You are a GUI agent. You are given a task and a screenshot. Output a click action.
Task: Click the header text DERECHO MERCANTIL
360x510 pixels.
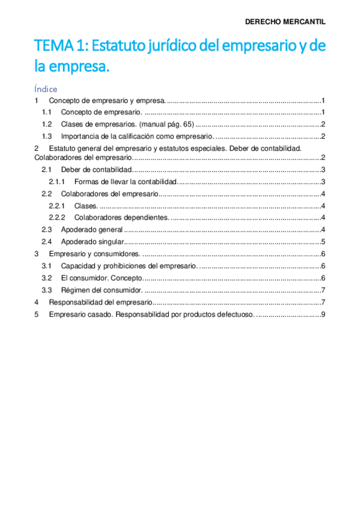pyautogui.click(x=285, y=22)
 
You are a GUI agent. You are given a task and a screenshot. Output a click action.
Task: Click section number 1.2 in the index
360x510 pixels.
pyautogui.click(x=47, y=124)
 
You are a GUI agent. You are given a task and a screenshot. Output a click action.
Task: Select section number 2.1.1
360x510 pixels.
pyautogui.click(x=56, y=182)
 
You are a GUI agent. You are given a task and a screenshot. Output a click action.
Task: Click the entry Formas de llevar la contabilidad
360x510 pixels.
pyautogui.click(x=125, y=182)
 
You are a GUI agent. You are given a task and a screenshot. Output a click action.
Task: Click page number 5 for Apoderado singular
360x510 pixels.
pyautogui.click(x=323, y=242)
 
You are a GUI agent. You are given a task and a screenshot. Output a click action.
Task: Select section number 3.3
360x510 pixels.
pyautogui.click(x=46, y=290)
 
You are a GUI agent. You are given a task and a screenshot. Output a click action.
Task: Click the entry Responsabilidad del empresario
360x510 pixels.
pyautogui.click(x=101, y=302)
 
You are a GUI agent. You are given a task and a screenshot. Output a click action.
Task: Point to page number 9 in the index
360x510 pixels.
pyautogui.click(x=323, y=314)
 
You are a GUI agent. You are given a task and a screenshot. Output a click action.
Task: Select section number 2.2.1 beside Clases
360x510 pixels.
pyautogui.click(x=56, y=206)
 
